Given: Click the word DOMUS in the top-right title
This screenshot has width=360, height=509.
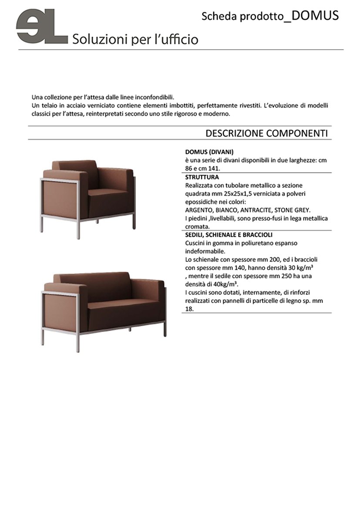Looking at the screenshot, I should [x=315, y=16].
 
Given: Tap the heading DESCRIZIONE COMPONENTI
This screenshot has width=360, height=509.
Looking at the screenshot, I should [x=266, y=133].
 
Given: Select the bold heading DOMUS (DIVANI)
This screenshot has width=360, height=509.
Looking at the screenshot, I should [x=209, y=152].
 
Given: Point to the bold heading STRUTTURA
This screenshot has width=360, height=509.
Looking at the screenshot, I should [x=202, y=177].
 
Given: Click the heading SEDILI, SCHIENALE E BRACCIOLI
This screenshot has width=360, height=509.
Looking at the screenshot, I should [x=229, y=235].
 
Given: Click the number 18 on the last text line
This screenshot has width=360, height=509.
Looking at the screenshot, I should [x=189, y=309].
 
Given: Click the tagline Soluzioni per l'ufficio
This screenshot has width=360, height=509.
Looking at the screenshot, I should [x=135, y=40].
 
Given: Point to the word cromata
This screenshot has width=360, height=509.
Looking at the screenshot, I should [x=198, y=226].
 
